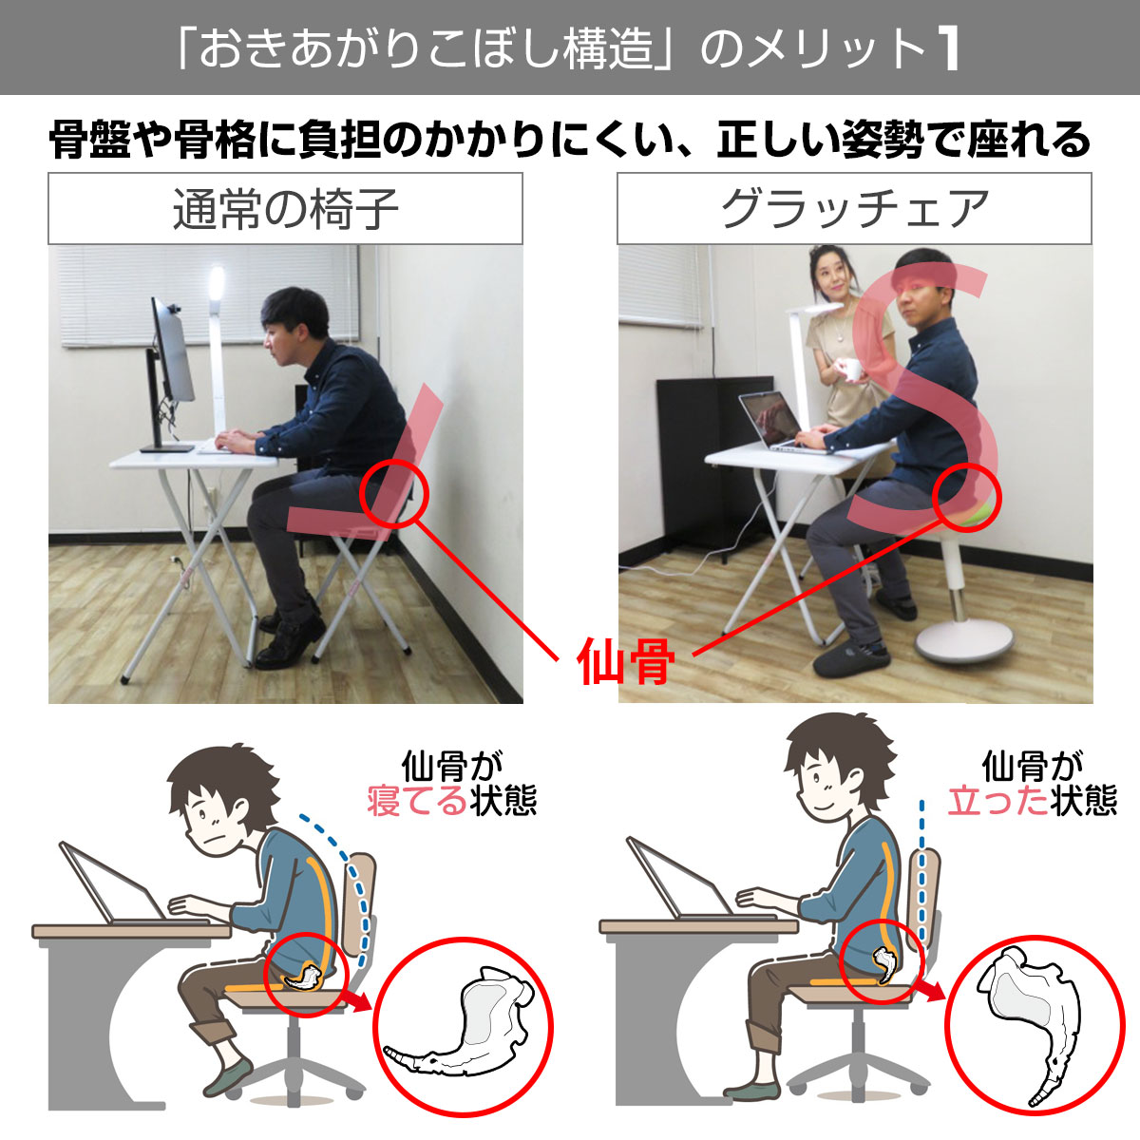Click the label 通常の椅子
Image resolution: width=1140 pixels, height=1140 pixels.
(285, 209)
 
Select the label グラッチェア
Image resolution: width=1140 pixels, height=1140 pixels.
(854, 209)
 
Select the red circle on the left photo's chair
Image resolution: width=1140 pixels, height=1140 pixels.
(395, 493)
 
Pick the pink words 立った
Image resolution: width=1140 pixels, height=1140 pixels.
(997, 801)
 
